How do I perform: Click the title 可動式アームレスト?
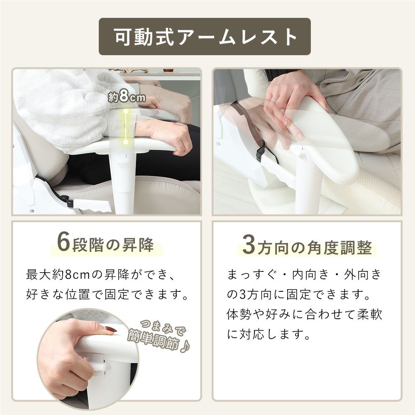205,37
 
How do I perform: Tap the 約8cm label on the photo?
127,97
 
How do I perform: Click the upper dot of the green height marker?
126,111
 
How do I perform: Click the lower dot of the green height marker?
126,142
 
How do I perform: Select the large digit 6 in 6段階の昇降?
63,243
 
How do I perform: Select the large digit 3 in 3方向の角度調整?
249,245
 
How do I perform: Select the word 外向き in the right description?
363,275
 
